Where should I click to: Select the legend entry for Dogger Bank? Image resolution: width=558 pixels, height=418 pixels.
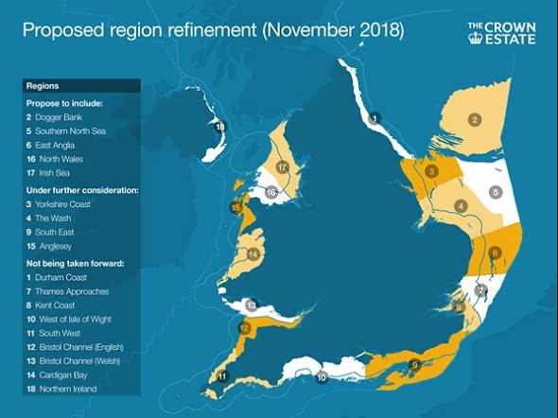click(56, 115)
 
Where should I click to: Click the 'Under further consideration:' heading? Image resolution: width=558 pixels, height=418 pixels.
click(81, 190)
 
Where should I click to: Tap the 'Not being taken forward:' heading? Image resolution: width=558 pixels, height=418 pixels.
click(76, 263)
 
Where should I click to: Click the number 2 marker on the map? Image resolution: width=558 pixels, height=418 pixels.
click(475, 119)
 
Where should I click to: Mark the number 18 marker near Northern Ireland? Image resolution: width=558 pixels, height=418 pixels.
click(220, 126)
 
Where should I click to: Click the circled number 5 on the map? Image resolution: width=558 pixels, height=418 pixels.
click(495, 193)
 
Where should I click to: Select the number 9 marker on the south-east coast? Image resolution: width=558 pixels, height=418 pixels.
click(413, 366)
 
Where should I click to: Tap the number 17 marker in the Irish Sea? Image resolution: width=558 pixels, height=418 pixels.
click(281, 167)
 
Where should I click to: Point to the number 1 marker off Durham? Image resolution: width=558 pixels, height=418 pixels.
click(375, 118)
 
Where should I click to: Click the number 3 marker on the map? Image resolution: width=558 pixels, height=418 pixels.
click(430, 171)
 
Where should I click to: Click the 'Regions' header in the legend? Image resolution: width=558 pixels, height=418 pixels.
click(39, 84)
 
